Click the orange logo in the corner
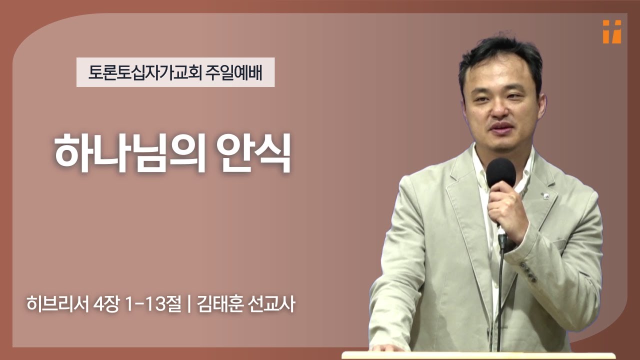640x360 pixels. [611, 31]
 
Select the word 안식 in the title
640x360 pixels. [255, 152]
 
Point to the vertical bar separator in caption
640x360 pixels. [188, 304]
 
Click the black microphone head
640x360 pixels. [500, 173]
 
